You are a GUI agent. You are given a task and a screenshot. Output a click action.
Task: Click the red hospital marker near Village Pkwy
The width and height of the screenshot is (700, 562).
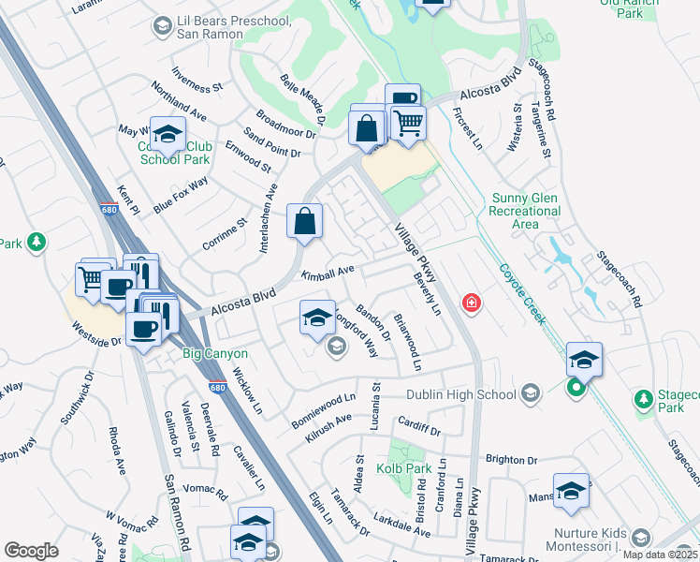pos(472,303)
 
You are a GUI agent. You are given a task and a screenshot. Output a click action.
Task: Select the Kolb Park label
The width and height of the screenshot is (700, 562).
pos(402,466)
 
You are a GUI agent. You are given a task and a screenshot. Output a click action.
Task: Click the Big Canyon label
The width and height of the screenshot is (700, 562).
pos(215,353)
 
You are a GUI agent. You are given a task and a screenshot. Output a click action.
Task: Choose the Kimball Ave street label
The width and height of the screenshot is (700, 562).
pos(328,272)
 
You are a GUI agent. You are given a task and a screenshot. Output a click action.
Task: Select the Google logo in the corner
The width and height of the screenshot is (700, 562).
pos(31,551)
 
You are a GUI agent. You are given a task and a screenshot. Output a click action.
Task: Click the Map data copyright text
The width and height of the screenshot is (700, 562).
pos(660,555)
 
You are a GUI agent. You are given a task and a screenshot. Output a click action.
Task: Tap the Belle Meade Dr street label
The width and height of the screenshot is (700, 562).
pos(302,101)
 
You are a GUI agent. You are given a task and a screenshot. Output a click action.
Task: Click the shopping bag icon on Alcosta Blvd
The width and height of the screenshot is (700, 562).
pos(305,223)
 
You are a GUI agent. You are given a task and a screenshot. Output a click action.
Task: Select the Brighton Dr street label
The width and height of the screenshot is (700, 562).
pos(511,460)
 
